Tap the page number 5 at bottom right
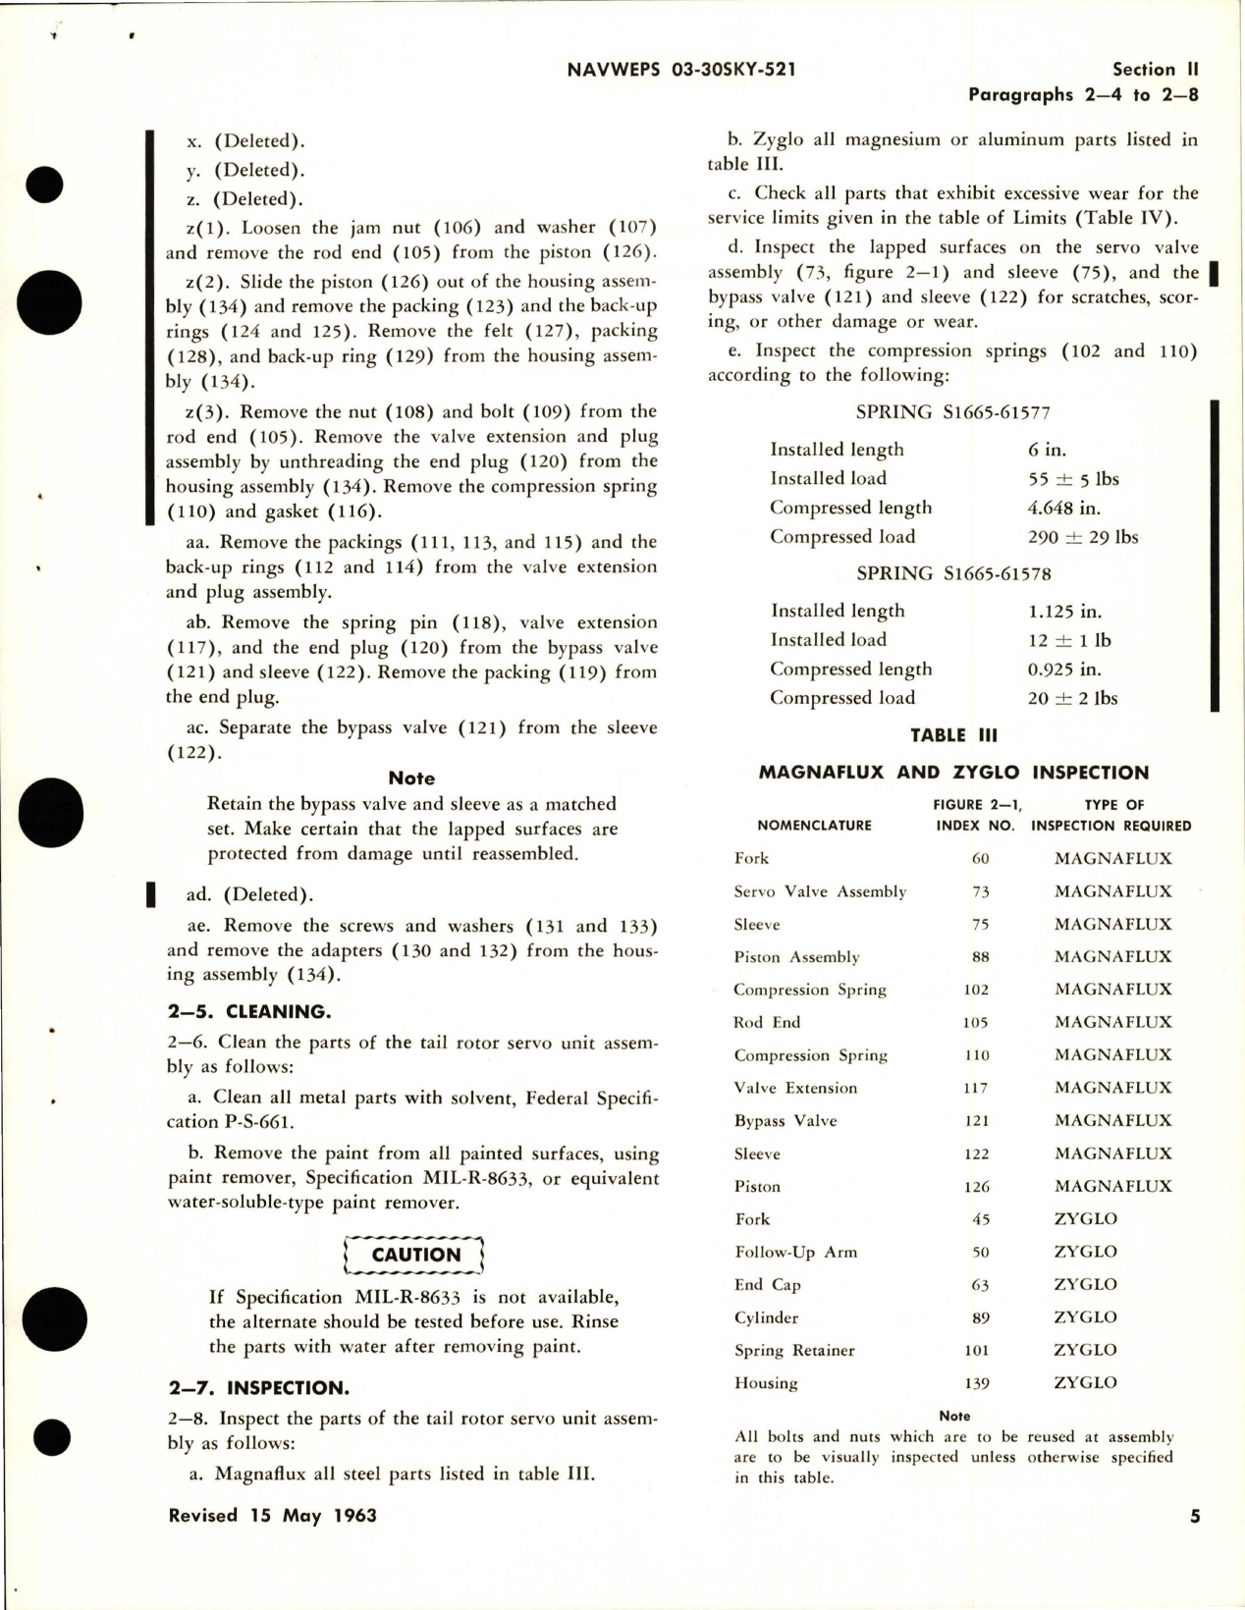(1194, 1516)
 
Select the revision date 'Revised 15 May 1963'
(273, 1516)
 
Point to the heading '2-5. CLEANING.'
(235, 1011)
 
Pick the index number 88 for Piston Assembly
(979, 957)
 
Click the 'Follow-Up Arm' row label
(795, 1252)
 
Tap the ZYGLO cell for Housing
(1085, 1382)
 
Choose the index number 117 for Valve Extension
(976, 1088)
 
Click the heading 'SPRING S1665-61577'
(952, 412)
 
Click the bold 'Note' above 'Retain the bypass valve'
(411, 778)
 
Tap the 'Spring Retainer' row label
(793, 1350)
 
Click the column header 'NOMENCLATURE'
(814, 826)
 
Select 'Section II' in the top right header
(1155, 70)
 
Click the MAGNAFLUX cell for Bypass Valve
(1112, 1120)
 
